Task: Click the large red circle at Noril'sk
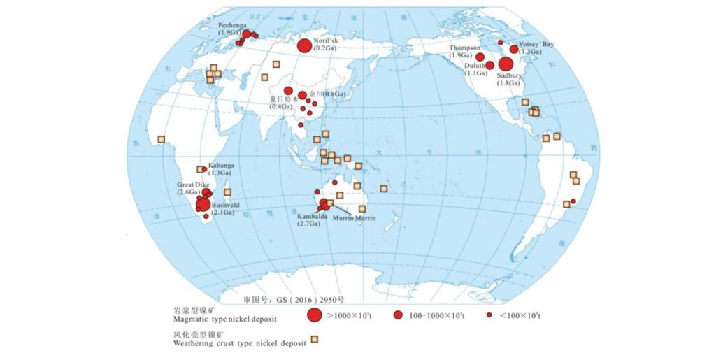(304, 46)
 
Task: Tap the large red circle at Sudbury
(506, 64)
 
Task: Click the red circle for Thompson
(480, 57)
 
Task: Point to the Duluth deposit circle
(490, 66)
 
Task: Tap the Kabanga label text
(222, 166)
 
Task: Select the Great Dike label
(193, 185)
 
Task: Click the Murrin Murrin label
(355, 218)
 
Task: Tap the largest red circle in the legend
(315, 315)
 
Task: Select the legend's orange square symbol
(315, 340)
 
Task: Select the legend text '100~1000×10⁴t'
(438, 316)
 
